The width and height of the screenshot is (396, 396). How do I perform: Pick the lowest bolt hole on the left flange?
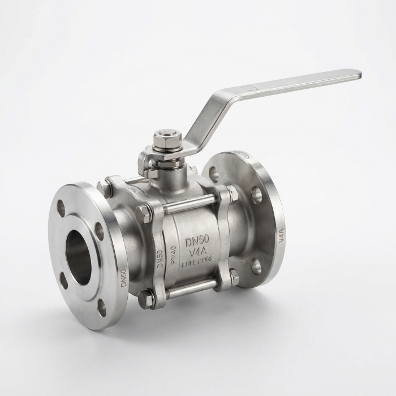coord(102,307)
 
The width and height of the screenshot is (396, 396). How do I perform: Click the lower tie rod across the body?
coord(190,289)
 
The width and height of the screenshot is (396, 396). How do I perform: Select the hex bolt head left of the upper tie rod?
coord(143,214)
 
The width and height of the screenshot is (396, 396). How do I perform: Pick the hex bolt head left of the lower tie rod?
coord(146,299)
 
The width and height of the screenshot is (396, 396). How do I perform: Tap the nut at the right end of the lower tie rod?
coord(234,277)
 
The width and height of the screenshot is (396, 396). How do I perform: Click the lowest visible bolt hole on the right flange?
coord(256,266)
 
